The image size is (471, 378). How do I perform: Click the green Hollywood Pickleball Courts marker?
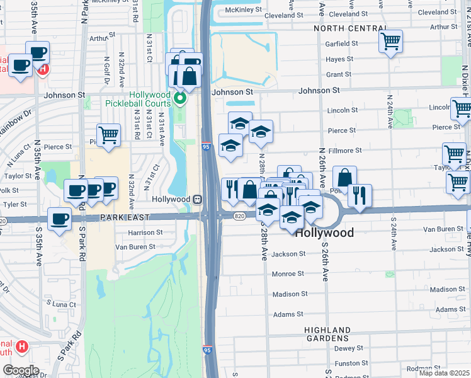pos(181,98)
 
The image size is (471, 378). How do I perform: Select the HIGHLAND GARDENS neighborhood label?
pos(327,335)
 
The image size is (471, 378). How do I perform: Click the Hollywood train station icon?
pos(198,199)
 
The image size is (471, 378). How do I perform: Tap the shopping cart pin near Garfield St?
pos(390,42)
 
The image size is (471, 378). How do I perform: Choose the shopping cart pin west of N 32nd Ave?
pos(108,134)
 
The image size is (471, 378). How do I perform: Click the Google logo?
pos(20,370)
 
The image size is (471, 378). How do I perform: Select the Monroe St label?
pos(288,274)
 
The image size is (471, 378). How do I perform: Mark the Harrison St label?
pos(145,232)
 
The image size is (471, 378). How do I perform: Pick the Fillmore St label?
pos(345,151)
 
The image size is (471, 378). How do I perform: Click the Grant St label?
pos(339,74)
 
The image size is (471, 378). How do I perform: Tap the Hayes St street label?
pos(339,59)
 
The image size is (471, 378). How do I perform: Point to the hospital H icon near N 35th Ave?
pos(42,68)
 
